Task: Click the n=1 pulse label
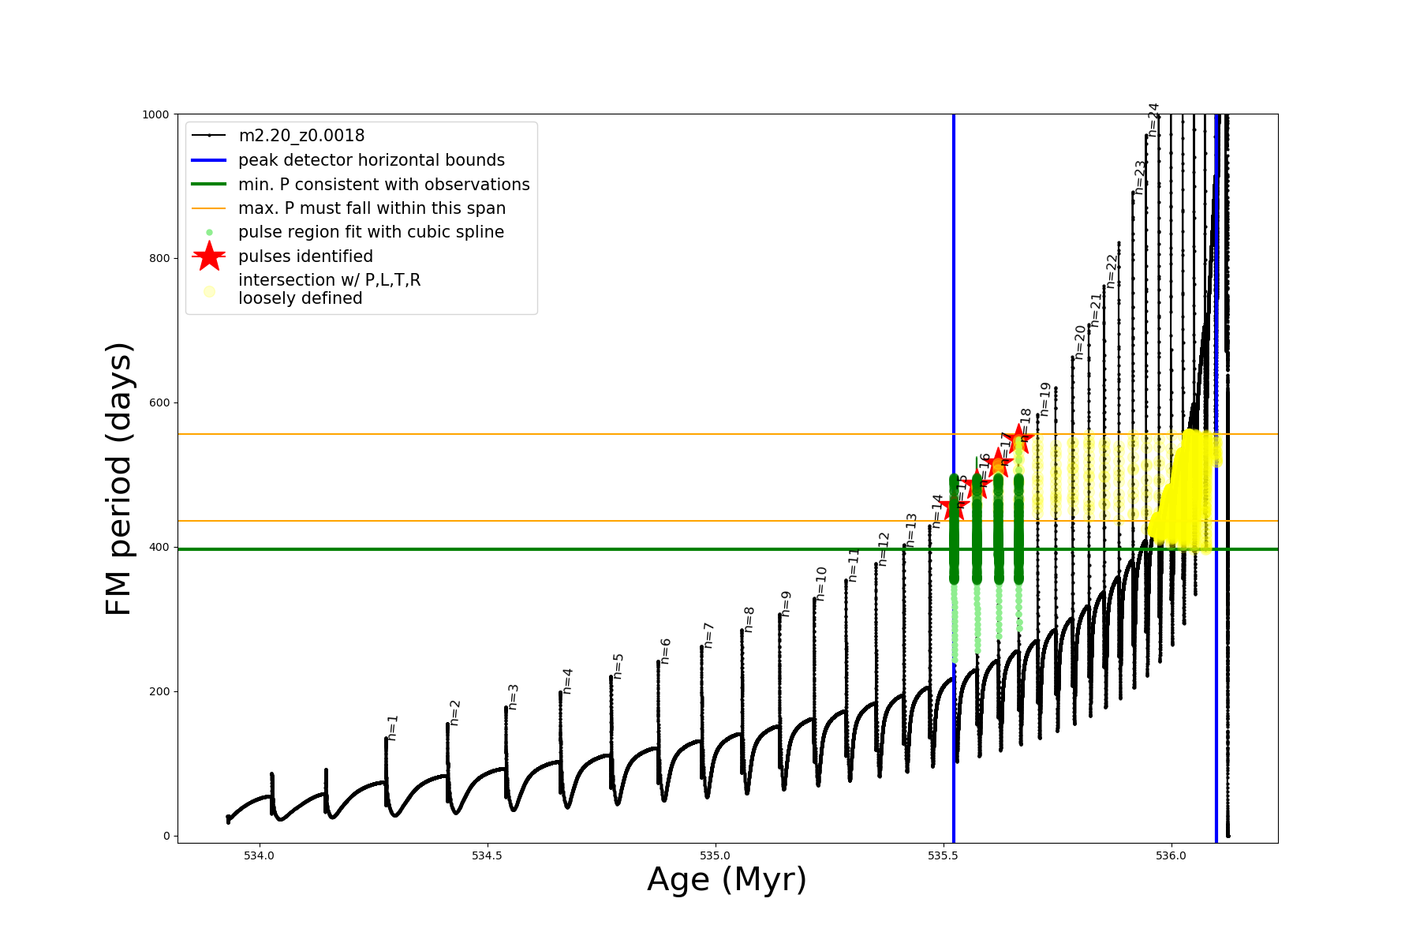click(x=393, y=727)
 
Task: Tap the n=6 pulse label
click(x=666, y=651)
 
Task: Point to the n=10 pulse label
click(x=821, y=583)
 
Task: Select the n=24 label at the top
click(x=1153, y=119)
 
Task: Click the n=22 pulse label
click(x=1112, y=270)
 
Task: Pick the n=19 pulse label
click(x=1045, y=399)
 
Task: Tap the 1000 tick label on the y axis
click(x=155, y=114)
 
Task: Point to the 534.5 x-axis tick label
click(x=487, y=856)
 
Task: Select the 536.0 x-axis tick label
click(x=1171, y=856)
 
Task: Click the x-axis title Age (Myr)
click(x=727, y=880)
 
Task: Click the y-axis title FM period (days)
click(x=118, y=478)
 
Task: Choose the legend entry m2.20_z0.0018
click(x=301, y=136)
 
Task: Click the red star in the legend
click(x=209, y=256)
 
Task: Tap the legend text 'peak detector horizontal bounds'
click(x=372, y=160)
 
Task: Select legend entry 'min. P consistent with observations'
click(x=383, y=185)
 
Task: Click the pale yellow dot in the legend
click(x=209, y=291)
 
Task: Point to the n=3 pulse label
click(x=514, y=697)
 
